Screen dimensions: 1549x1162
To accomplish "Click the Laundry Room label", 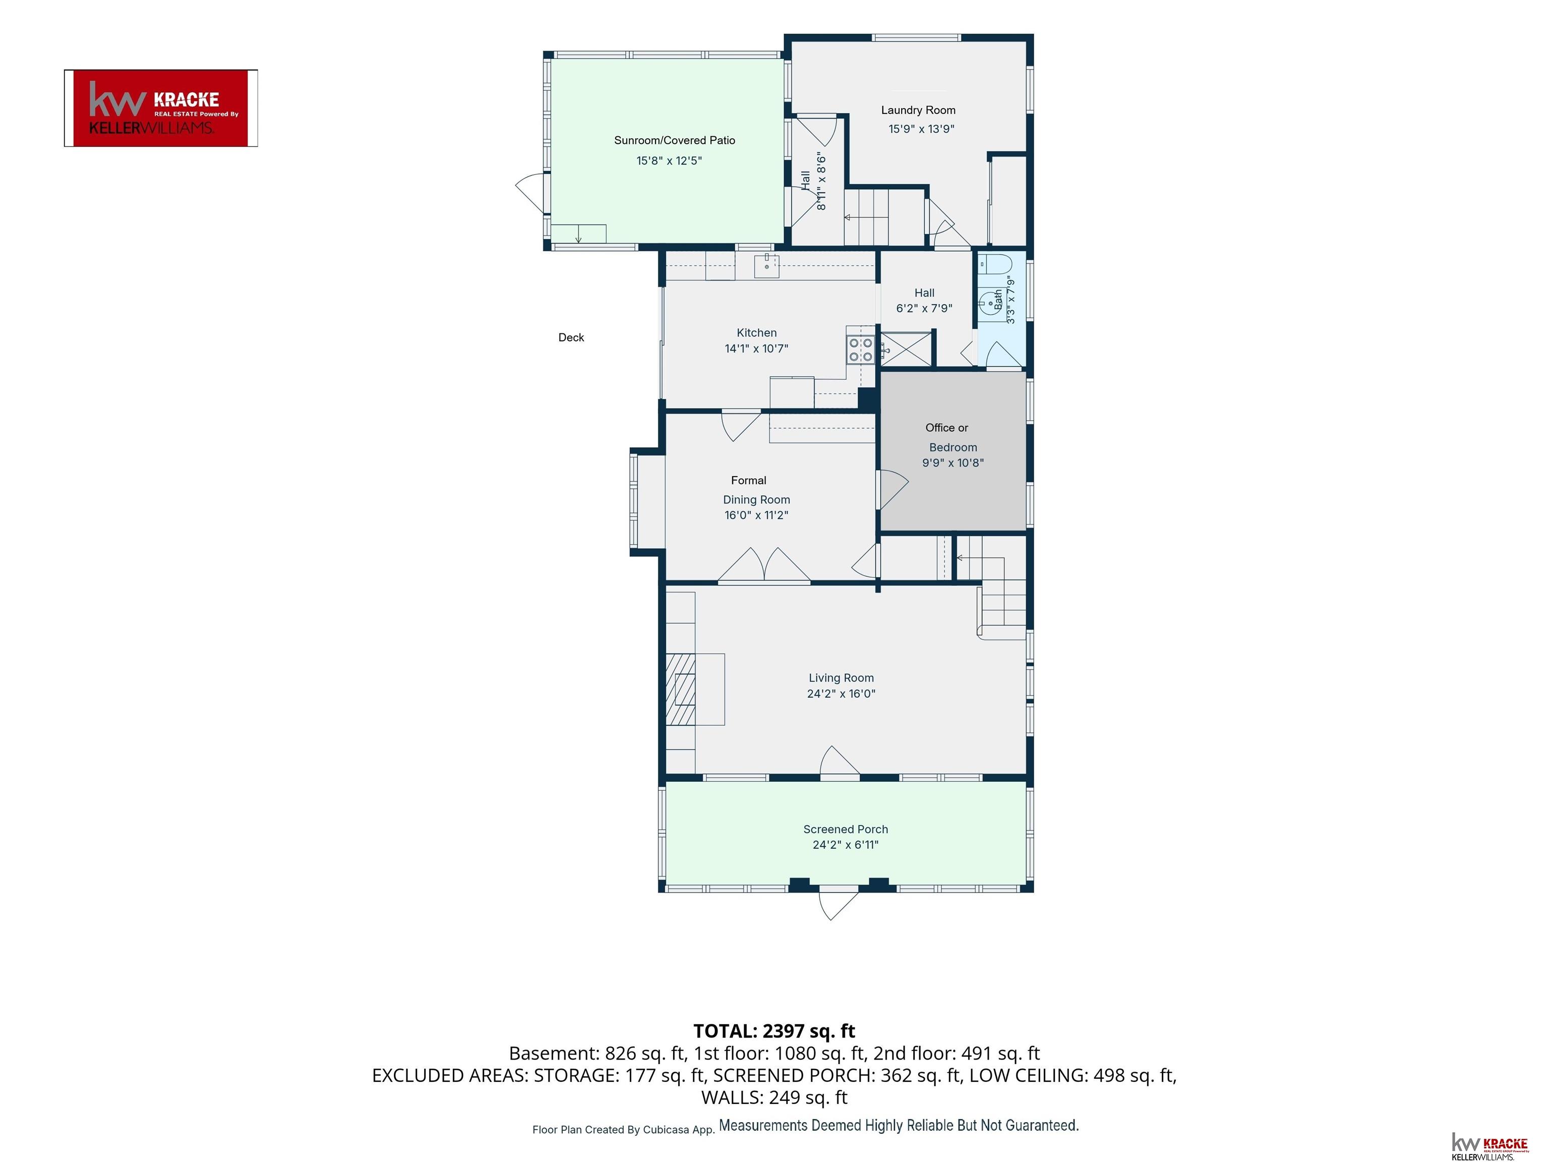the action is [918, 110].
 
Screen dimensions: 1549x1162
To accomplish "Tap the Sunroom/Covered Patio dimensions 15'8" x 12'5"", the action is [669, 160].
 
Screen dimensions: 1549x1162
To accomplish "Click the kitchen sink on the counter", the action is [767, 265].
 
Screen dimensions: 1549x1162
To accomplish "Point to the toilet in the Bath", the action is [995, 265].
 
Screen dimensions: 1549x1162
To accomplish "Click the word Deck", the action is [571, 337].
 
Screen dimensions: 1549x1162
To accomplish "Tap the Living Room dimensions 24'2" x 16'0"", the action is [841, 693].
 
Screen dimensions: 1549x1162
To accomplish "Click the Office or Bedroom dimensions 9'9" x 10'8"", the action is [952, 462].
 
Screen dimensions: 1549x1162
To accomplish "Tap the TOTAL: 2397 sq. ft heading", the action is [774, 1031].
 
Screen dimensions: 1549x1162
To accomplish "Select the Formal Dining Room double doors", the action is [764, 564].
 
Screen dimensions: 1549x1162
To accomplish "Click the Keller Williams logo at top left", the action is [161, 108].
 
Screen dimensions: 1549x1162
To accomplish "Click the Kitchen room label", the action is [756, 333].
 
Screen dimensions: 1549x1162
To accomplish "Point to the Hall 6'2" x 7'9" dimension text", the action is [924, 308].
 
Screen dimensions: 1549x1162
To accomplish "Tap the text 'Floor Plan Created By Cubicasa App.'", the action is [623, 1130].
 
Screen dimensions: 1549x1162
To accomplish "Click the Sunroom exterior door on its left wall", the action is [530, 193].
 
